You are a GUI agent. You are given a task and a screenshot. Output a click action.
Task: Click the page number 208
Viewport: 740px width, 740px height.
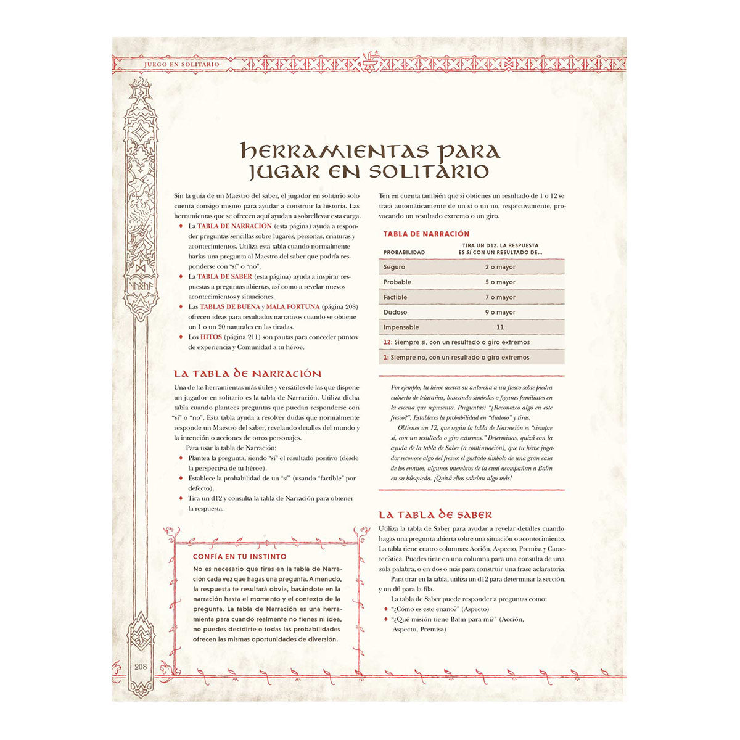coord(140,667)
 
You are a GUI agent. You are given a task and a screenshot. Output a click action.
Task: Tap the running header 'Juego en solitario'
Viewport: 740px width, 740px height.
coord(181,64)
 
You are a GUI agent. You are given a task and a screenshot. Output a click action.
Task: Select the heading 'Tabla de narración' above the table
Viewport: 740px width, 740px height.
coord(426,234)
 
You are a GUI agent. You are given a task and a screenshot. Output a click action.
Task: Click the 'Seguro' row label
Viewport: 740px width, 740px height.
coord(394,267)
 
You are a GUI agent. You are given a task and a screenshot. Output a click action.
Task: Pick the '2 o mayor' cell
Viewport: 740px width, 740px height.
coord(500,267)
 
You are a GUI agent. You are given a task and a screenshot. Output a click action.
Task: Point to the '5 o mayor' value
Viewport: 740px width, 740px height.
coord(500,282)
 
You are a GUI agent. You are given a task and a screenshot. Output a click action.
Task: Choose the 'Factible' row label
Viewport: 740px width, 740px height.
coord(395,297)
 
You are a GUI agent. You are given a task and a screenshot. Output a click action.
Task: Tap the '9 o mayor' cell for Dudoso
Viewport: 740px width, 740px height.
coord(500,313)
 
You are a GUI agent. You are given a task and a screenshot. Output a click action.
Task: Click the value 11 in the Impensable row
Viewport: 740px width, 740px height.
coord(500,327)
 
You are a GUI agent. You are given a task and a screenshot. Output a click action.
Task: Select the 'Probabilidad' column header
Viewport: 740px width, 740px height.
coord(404,252)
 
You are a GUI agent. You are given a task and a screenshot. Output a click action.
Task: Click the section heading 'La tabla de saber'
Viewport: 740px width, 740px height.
coord(435,515)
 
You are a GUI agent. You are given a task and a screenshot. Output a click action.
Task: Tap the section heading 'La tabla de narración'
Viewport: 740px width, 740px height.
coord(247,374)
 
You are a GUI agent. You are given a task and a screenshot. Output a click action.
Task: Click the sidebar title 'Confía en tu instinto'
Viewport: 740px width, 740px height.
coord(231,557)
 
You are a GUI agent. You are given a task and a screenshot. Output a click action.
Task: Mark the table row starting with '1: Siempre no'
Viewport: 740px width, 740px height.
coord(456,358)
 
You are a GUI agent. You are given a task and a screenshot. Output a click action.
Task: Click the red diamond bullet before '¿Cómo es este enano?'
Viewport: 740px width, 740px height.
coord(385,609)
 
